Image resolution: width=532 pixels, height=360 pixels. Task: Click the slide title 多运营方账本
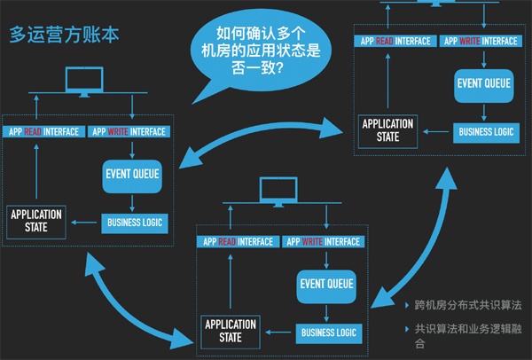click(x=64, y=36)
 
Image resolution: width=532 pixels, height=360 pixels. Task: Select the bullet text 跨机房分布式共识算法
click(x=468, y=306)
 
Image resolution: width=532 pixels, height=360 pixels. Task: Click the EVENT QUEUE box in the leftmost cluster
click(x=132, y=174)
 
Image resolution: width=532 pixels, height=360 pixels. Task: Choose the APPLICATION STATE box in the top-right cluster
click(x=387, y=128)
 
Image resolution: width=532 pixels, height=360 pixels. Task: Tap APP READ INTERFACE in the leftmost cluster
click(x=43, y=132)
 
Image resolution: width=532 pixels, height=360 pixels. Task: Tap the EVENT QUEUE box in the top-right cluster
click(x=484, y=83)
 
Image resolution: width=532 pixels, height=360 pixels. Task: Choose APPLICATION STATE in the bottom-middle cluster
click(x=230, y=331)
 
